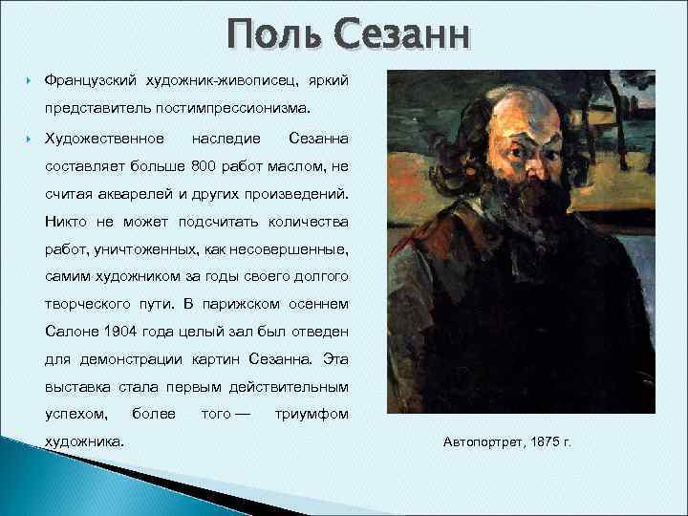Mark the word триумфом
(312, 415)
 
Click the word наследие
(226, 139)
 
